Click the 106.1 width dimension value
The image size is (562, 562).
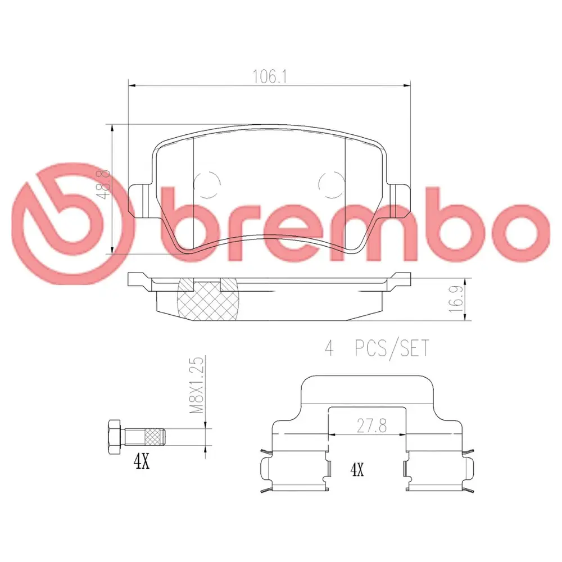point(270,76)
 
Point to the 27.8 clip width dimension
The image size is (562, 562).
point(371,426)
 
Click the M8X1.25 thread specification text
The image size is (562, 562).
point(196,385)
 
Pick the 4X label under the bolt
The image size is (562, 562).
point(141,462)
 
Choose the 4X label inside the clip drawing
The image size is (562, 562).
point(357,469)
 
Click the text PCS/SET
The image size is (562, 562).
point(392,348)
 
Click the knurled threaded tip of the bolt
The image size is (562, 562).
point(155,437)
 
